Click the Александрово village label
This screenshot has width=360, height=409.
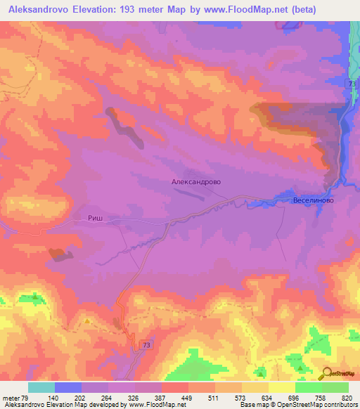click(x=196, y=181)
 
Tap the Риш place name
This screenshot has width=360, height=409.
click(x=96, y=219)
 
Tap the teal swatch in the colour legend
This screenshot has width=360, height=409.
click(x=41, y=387)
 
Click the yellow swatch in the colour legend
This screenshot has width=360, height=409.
click(x=281, y=387)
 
